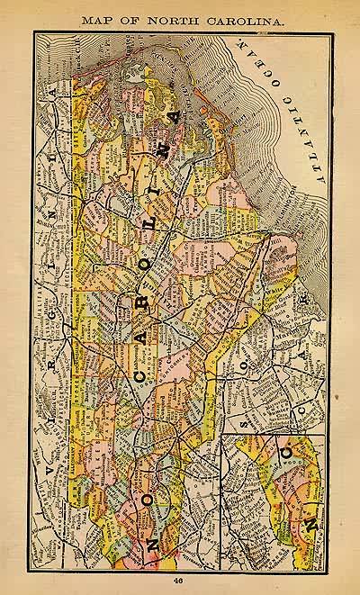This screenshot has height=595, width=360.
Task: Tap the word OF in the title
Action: (125, 18)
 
